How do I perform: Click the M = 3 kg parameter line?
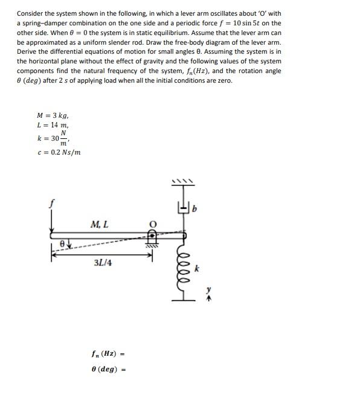[53, 115]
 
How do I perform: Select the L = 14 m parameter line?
[51, 124]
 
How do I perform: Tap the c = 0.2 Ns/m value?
[58, 152]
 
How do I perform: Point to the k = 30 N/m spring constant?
[52, 138]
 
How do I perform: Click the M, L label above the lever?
[99, 225]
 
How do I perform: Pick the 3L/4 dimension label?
[103, 263]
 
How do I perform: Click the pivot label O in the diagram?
[153, 221]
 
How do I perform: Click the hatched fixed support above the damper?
[181, 181]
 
